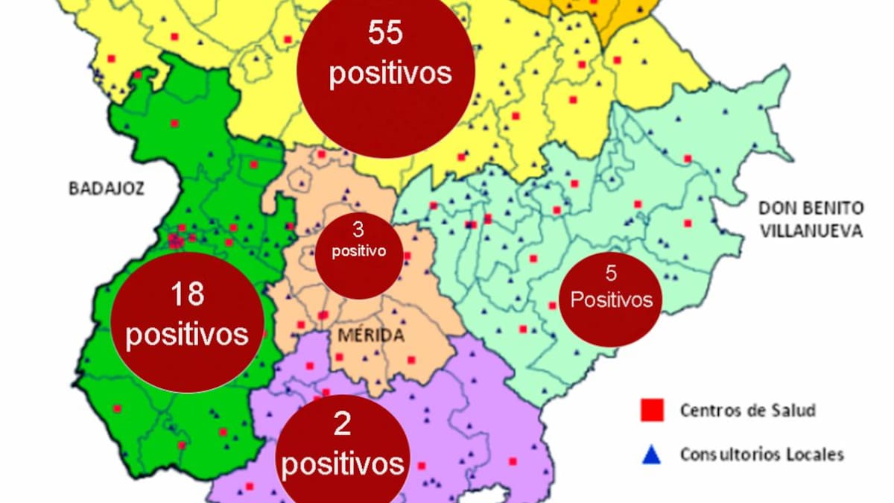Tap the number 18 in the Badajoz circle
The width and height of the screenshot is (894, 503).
click(186, 294)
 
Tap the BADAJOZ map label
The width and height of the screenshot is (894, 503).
click(107, 188)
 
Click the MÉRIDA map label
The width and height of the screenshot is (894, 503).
click(370, 335)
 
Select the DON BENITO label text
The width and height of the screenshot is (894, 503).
click(811, 208)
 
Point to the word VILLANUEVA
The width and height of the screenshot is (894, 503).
click(811, 230)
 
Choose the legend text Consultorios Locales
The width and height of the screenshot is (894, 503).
click(761, 454)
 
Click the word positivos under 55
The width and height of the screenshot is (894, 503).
click(390, 75)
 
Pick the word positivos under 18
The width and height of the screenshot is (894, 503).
click(186, 333)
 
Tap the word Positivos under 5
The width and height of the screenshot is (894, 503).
click(612, 300)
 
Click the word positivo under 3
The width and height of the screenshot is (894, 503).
click(359, 251)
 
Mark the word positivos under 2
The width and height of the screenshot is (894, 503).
click(343, 465)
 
